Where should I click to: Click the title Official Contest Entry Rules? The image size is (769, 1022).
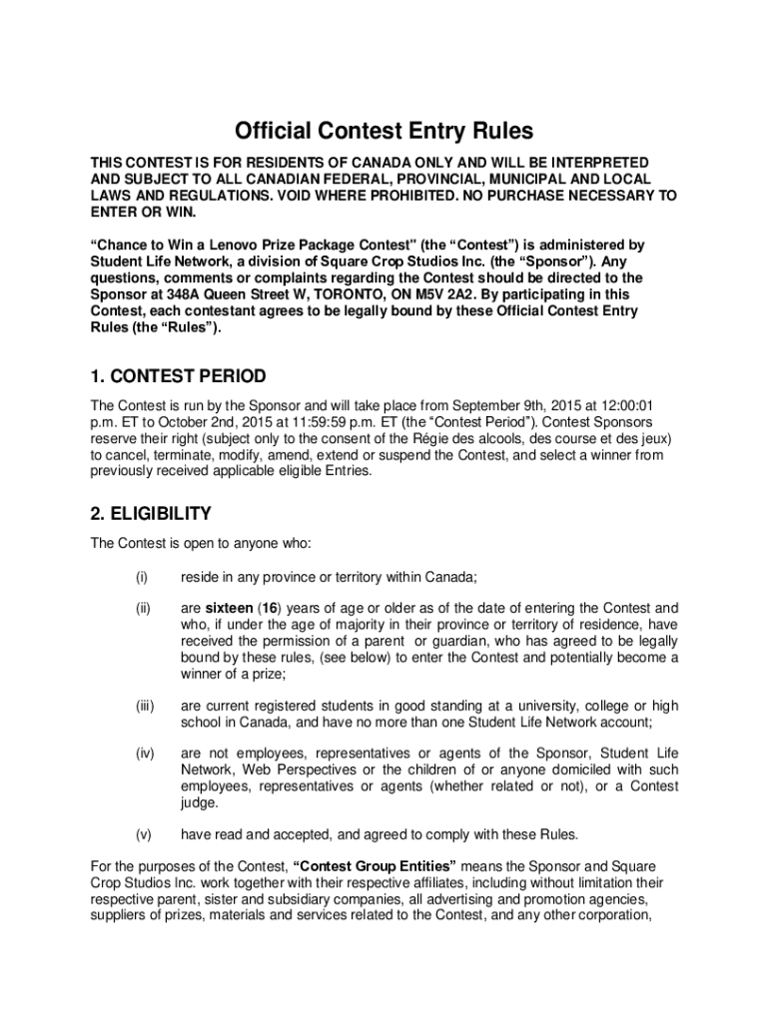click(x=384, y=131)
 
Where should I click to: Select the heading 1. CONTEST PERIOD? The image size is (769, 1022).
click(x=178, y=376)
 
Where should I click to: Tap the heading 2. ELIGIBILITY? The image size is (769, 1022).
click(x=150, y=514)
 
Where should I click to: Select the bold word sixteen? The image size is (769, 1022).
click(x=229, y=608)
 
